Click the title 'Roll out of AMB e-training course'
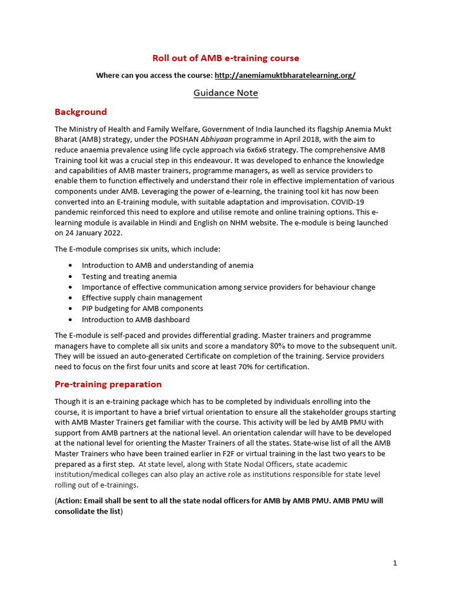click(x=225, y=58)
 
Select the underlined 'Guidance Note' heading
click(x=225, y=93)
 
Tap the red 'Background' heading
click(x=81, y=112)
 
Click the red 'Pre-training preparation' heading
click(x=108, y=385)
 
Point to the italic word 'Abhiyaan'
click(x=217, y=140)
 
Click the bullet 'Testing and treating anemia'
click(x=129, y=276)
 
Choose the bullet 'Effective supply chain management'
click(x=142, y=298)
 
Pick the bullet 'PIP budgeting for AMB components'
click(x=142, y=309)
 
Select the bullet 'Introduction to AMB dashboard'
click(x=135, y=320)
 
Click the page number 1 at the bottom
click(x=395, y=563)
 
